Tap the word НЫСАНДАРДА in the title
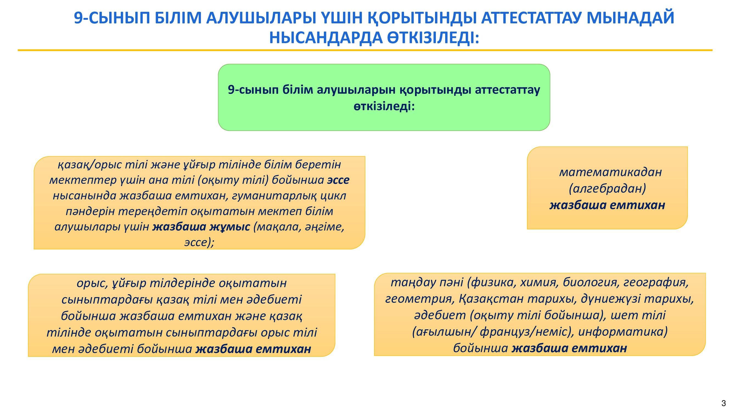326,38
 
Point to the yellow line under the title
365,50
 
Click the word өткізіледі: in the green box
384,107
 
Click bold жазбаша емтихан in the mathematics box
607,205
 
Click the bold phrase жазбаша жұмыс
201,227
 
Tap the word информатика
623,332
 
